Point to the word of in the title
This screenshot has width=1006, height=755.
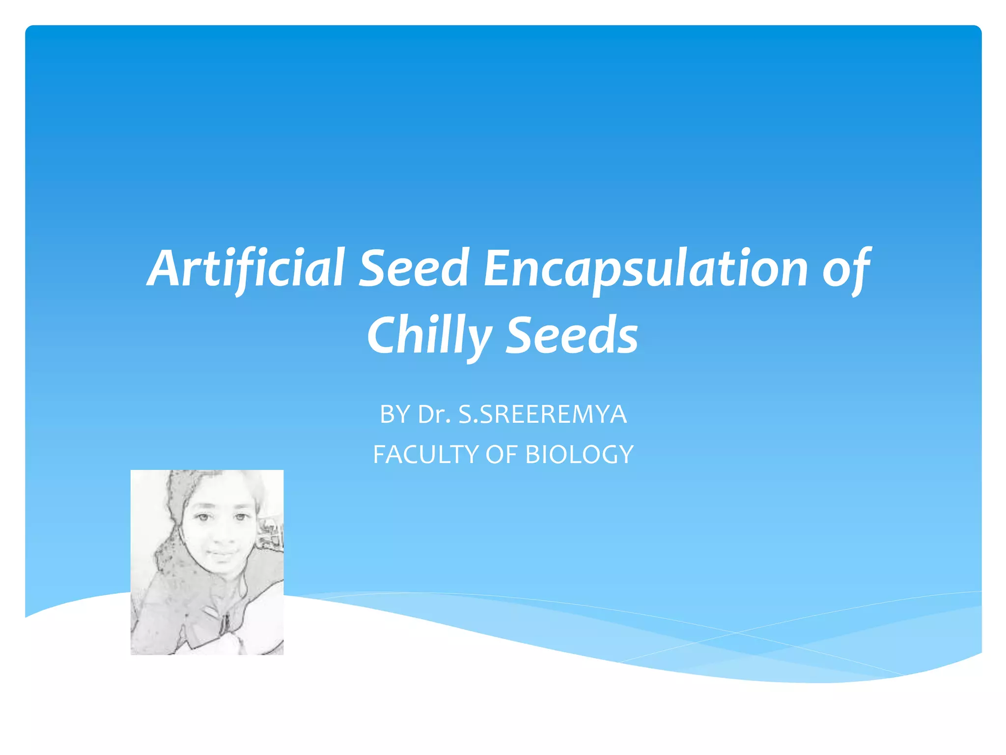click(x=846, y=269)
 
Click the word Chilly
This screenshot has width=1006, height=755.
click(x=428, y=336)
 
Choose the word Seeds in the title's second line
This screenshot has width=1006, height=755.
click(x=572, y=335)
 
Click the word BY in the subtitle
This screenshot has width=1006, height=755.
click(x=394, y=414)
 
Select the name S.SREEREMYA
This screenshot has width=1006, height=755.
click(x=542, y=414)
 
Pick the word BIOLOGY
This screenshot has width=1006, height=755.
click(x=579, y=455)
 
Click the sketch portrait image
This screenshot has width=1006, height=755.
click(x=207, y=562)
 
